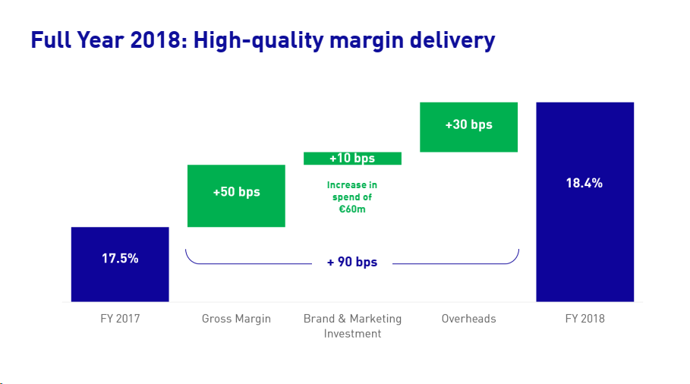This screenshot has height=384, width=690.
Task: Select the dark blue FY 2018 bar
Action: pyautogui.click(x=584, y=243)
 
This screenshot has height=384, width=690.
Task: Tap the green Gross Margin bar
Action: pyautogui.click(x=236, y=212)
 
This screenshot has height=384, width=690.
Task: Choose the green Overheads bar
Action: pyautogui.click(x=468, y=140)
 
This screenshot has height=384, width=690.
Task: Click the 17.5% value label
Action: pyautogui.click(x=120, y=258)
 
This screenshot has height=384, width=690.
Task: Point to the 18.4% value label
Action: pyautogui.click(x=584, y=183)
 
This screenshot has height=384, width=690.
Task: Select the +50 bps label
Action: pyautogui.click(x=236, y=192)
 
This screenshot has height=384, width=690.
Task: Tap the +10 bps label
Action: pyautogui.click(x=352, y=159)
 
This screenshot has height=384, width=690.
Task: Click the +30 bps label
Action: pyautogui.click(x=468, y=124)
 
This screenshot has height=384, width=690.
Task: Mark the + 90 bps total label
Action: pyautogui.click(x=352, y=263)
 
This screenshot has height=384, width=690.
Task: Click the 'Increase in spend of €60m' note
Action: pyautogui.click(x=352, y=197)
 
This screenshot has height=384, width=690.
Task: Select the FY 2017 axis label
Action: pyautogui.click(x=120, y=319)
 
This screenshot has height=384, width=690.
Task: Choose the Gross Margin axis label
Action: pyautogui.click(x=236, y=319)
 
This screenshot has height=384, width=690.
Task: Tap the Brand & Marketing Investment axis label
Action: pyautogui.click(x=352, y=326)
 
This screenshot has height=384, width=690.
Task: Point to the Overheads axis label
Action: pyautogui.click(x=468, y=319)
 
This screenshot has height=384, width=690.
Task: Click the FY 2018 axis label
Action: pyautogui.click(x=584, y=319)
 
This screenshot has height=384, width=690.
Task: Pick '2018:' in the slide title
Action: pyautogui.click(x=160, y=40)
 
